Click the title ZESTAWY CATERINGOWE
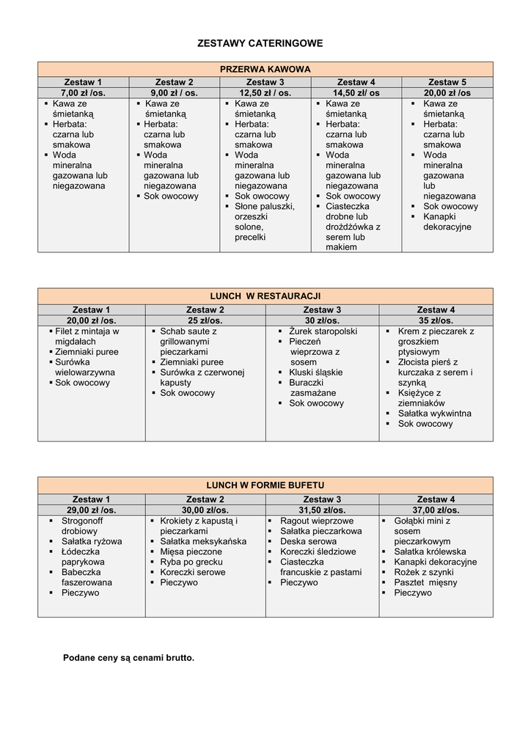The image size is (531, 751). tap(260, 44)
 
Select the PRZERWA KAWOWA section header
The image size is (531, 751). tap(265, 69)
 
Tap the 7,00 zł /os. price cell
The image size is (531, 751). tap(83, 93)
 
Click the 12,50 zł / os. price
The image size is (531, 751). tap(265, 93)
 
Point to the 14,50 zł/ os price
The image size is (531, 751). tap(356, 93)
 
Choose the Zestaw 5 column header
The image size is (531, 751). tap(447, 82)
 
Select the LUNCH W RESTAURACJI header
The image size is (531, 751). tap(265, 296)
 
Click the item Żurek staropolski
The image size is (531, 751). tap(323, 331)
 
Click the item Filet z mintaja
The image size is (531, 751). tap(87, 331)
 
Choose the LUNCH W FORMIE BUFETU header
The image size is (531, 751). tap(265, 486)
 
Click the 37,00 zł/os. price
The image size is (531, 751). tap(436, 510)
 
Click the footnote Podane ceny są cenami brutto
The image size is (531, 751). tap(128, 658)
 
